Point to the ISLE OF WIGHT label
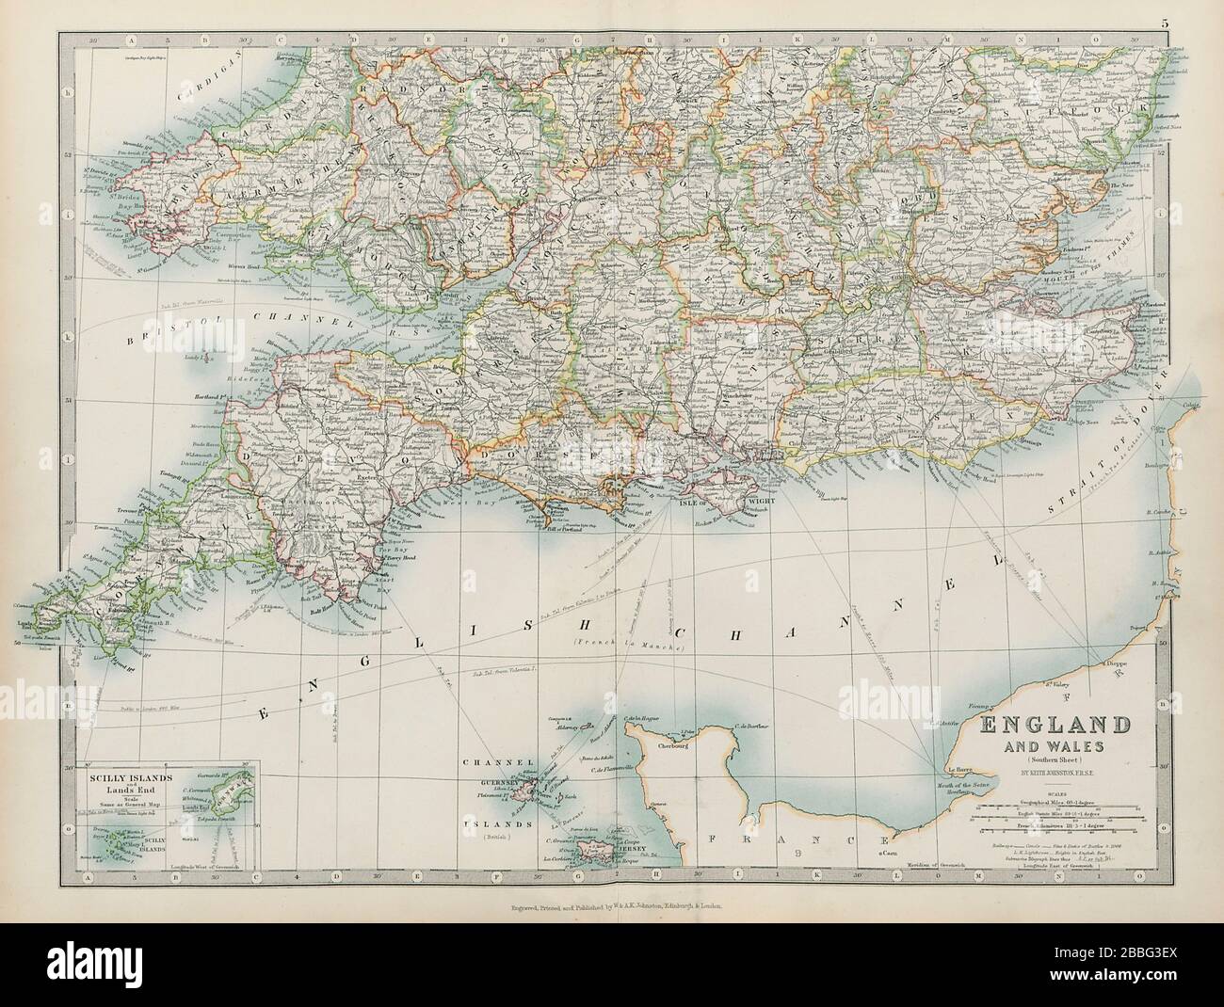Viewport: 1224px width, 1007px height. click(x=721, y=502)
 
